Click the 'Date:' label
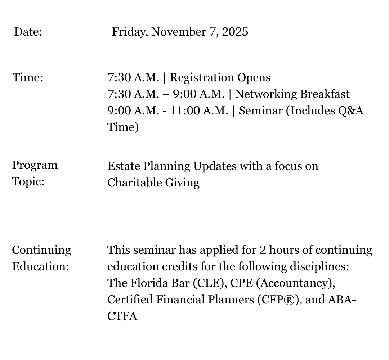pos(28,32)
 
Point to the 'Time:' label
pos(28,77)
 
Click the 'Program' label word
pos(35,165)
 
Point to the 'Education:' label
pos(40,267)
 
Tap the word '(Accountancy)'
pos(296,284)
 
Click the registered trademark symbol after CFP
pos(287,300)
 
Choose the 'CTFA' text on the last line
pos(122,316)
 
